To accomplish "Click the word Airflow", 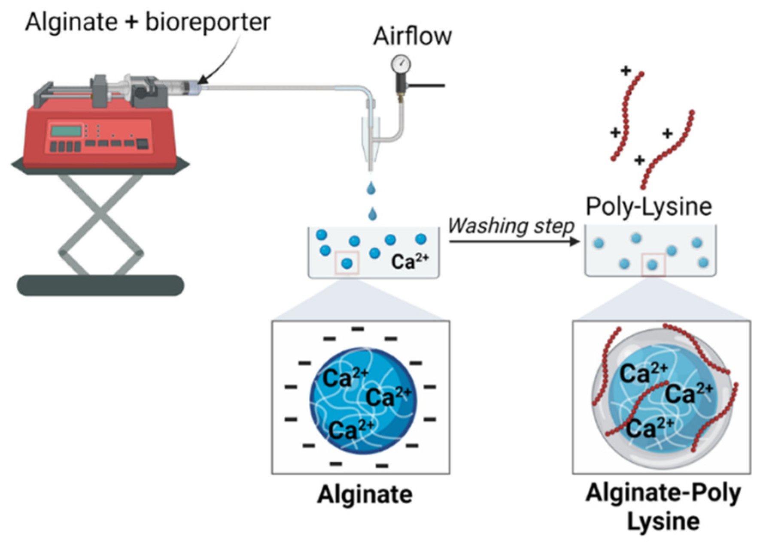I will point(412,36).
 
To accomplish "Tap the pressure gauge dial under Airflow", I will point(401,64).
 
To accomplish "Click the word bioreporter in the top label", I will point(208,22).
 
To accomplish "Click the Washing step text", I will point(511,226).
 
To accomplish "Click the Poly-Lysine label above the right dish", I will point(649,207).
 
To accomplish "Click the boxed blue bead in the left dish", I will point(347,263).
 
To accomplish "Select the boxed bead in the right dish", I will point(653,265).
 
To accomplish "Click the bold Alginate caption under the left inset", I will point(365,494).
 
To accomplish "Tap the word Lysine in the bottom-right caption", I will point(663,521).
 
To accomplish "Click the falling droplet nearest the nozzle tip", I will point(371,188).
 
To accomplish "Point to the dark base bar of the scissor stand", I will point(100,285).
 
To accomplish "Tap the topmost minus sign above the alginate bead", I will point(358,329).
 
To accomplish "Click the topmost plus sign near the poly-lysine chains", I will point(626,71).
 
